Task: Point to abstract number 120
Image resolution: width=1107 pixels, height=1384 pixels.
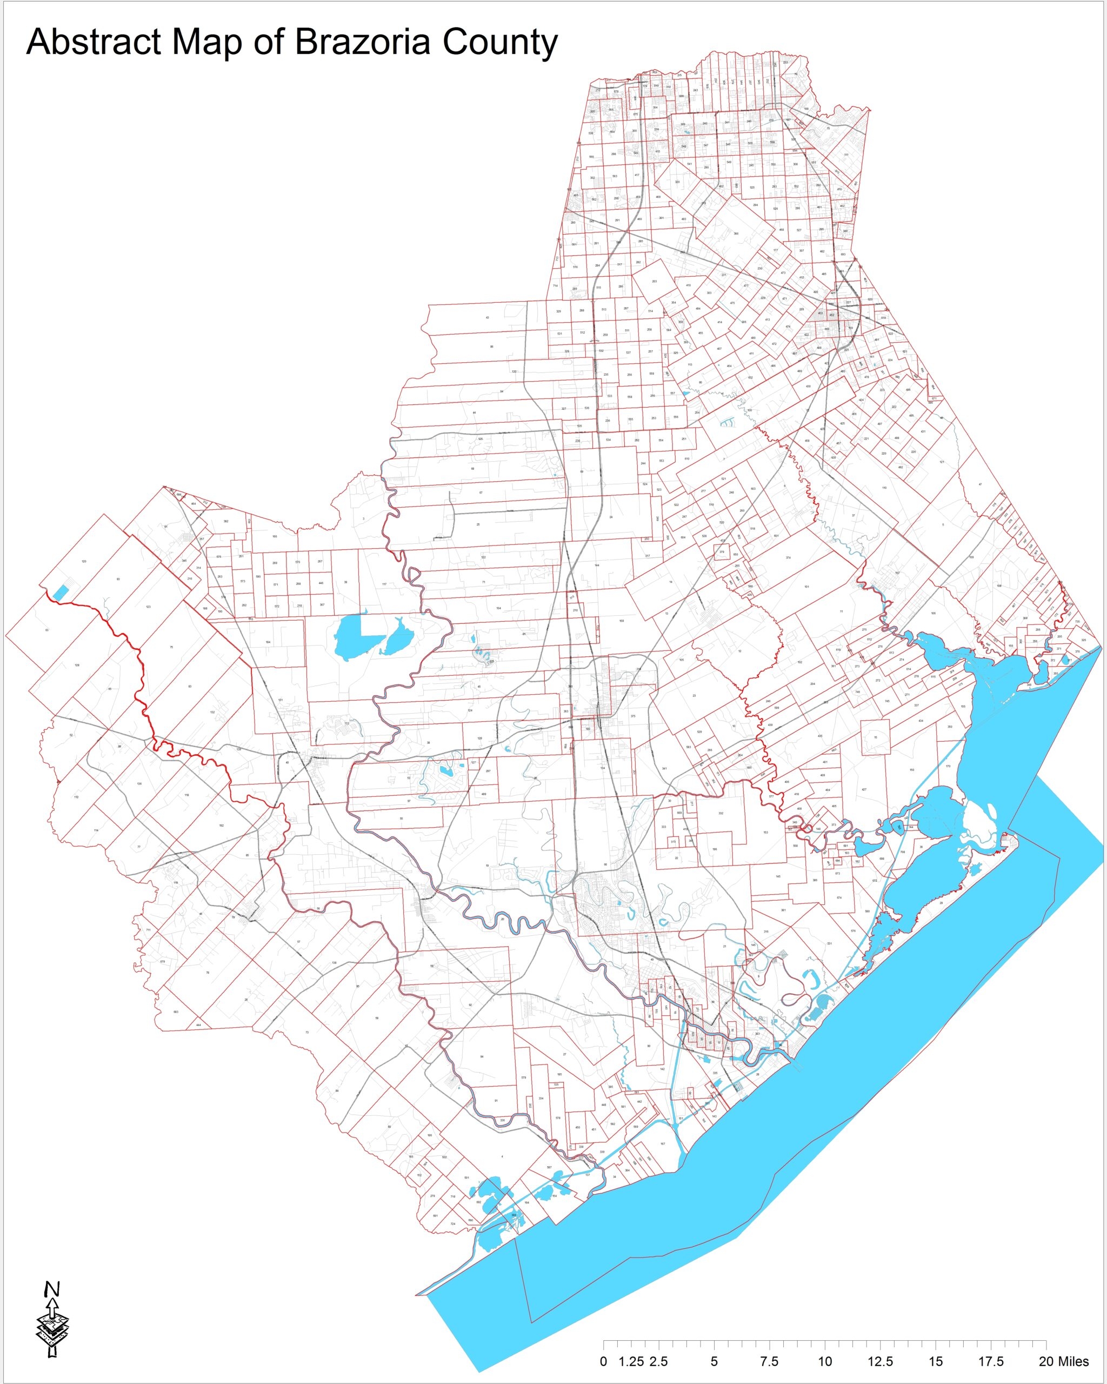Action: tap(84, 562)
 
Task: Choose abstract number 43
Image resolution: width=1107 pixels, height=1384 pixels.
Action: tap(488, 318)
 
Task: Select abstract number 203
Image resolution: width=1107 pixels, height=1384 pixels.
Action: tap(655, 281)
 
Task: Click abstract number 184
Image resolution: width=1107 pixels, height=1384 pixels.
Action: tap(268, 642)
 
